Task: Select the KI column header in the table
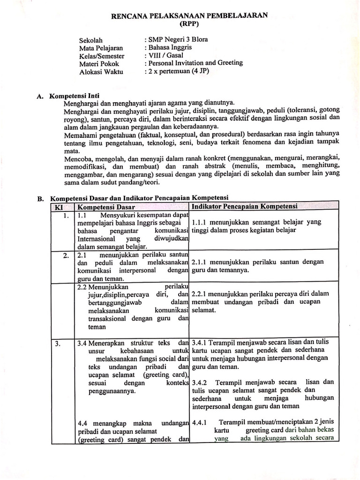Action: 60,207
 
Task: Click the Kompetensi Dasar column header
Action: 106,207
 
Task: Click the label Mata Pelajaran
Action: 101,48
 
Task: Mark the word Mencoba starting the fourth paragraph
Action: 77,158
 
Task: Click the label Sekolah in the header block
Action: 91,40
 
